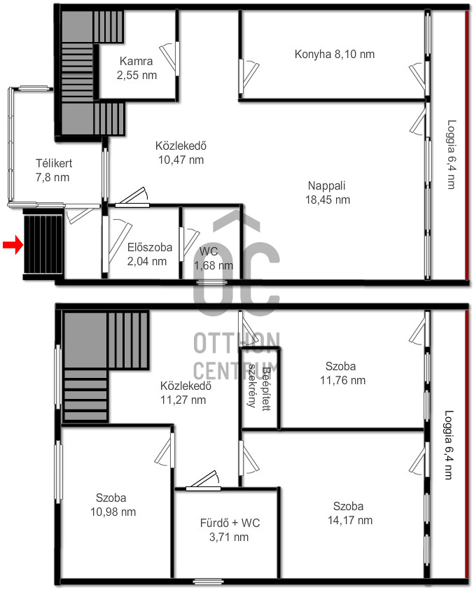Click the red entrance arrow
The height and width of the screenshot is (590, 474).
13,245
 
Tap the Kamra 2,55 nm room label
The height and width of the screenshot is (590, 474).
137,68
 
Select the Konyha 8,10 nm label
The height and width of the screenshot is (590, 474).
335,54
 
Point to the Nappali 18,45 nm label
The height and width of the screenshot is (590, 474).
327,192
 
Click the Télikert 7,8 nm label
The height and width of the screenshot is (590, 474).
53,171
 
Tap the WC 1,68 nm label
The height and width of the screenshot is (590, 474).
213,258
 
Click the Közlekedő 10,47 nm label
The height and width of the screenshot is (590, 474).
181,153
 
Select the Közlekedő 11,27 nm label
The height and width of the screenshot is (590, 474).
186,393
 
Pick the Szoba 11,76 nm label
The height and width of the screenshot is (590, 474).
342,373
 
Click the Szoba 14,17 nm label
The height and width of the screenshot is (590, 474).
350,513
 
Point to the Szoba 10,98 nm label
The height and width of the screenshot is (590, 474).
113,505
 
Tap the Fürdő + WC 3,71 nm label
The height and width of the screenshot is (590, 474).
230,530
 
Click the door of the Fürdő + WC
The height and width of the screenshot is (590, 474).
203,482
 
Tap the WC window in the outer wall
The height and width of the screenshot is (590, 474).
207,282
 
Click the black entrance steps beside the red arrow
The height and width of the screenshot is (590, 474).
43,244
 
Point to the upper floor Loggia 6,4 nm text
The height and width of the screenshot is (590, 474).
451,154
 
